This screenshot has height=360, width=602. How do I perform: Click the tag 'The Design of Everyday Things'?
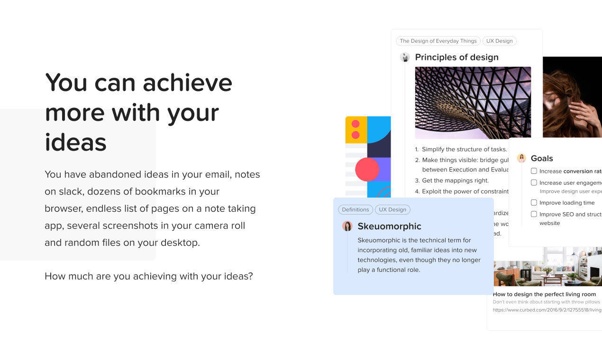(x=438, y=41)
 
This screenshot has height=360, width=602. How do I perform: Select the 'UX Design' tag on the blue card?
(x=392, y=209)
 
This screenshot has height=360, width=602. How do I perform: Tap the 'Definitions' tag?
(x=355, y=209)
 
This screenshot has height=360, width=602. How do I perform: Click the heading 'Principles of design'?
(x=456, y=57)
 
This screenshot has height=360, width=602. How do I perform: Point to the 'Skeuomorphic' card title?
(x=389, y=226)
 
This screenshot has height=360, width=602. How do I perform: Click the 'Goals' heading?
(x=542, y=159)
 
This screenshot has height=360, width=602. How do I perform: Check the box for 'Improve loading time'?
(x=534, y=203)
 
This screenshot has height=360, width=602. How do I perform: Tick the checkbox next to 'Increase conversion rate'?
(x=534, y=171)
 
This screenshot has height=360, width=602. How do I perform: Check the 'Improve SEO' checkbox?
(x=534, y=214)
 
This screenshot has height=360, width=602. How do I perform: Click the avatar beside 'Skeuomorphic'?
(x=347, y=226)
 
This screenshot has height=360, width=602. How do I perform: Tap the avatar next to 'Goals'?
(x=521, y=158)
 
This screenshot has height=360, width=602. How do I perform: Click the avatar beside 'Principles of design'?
(x=405, y=57)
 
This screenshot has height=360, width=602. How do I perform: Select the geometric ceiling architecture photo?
(x=473, y=102)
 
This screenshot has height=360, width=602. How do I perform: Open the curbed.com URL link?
(x=547, y=310)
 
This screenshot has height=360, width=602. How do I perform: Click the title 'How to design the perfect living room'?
(x=544, y=294)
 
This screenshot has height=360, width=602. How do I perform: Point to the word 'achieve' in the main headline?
(x=188, y=82)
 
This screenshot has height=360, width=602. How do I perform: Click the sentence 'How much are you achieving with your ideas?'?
(x=149, y=276)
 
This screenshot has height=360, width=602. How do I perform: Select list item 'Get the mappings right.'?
(x=455, y=180)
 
